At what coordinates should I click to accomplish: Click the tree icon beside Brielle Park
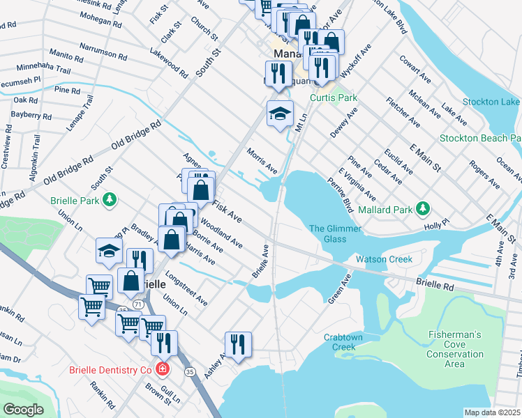[x=109, y=201]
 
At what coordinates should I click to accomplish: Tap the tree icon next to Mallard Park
[x=423, y=208]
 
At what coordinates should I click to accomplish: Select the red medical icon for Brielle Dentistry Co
[x=162, y=369]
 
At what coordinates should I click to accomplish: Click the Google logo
[x=23, y=410]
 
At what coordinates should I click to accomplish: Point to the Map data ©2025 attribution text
[x=492, y=412]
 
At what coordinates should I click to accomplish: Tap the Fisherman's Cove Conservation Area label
[x=454, y=349]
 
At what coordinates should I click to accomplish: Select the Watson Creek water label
[x=384, y=259]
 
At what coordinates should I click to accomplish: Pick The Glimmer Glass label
[x=328, y=234]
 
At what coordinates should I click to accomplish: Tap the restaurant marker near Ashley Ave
[x=237, y=344]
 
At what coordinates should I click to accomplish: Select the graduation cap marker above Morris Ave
[x=280, y=114]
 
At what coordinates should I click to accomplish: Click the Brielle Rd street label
[x=435, y=285]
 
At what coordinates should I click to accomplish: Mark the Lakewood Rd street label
[x=168, y=63]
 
